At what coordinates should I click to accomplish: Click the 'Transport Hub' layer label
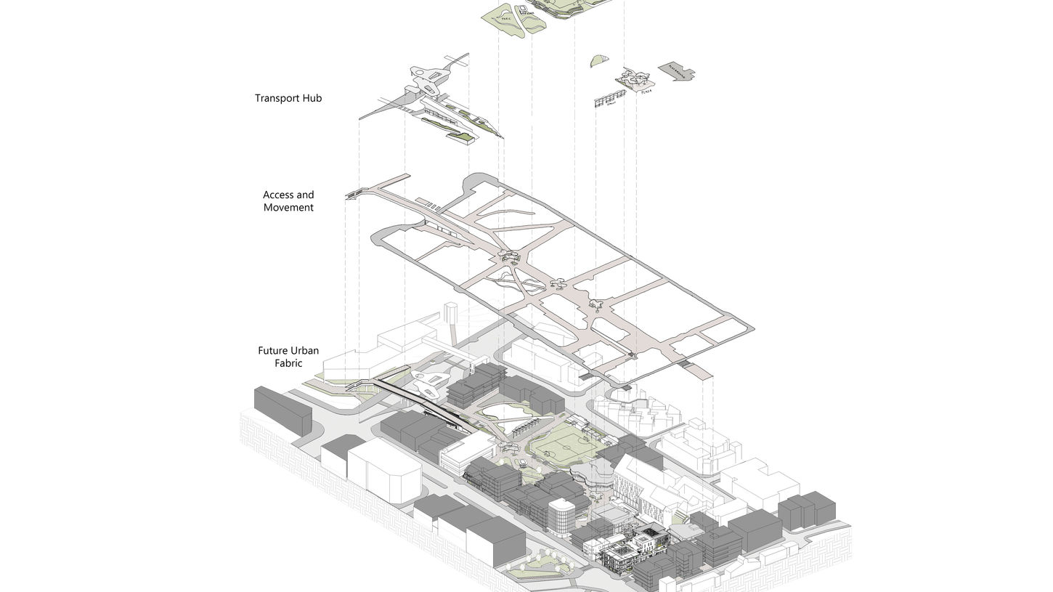(x=288, y=98)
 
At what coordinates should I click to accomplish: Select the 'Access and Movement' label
(x=288, y=201)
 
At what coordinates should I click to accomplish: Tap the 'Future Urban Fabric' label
(x=288, y=357)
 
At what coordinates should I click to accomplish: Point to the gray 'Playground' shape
(x=675, y=71)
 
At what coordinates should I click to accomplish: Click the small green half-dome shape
(x=599, y=61)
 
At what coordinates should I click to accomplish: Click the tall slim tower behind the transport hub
(x=451, y=320)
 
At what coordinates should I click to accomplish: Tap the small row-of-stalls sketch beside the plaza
(x=609, y=100)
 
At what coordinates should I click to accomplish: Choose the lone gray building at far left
(x=282, y=410)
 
